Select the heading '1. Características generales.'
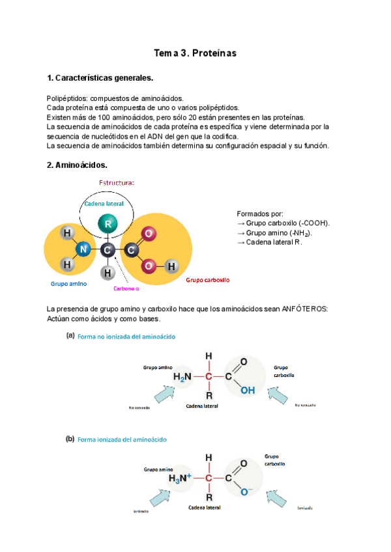coord(100,78)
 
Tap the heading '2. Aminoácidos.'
coord(77,165)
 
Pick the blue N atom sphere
coord(82,249)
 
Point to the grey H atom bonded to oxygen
coord(171,266)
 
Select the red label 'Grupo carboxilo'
coord(208,280)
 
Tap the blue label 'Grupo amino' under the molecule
coord(69,284)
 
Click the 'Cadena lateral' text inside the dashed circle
coord(104,204)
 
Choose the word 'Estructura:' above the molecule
coord(117,183)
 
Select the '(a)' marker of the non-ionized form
coord(70,337)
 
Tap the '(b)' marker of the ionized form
coord(70,439)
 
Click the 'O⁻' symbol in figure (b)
coord(245,491)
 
